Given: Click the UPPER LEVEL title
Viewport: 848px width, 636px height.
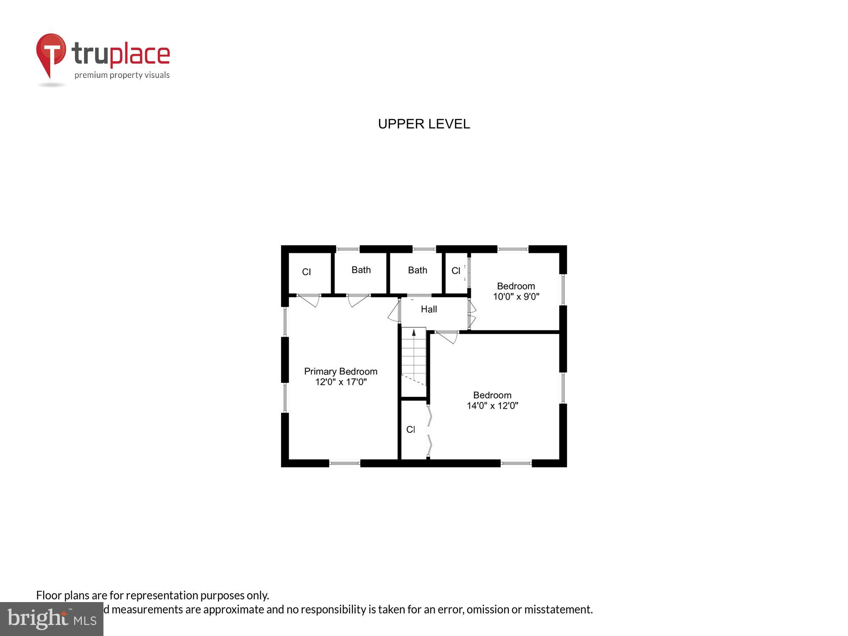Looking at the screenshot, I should point(424,124).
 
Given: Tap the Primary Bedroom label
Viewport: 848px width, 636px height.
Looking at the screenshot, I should point(340,371).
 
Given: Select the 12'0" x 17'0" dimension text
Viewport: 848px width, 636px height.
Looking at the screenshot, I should point(340,382).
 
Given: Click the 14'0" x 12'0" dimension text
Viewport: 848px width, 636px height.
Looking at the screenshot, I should point(492,406).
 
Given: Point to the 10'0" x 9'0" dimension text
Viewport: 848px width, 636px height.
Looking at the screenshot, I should point(516,297).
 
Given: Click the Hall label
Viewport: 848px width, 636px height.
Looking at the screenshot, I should point(429,310).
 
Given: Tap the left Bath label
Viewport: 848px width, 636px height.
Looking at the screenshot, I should point(361,270).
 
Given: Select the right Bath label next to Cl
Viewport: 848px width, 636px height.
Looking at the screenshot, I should point(417,271).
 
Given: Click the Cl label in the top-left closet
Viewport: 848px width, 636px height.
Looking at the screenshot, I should point(306,272).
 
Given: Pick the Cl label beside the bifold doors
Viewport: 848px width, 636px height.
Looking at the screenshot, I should point(410,430).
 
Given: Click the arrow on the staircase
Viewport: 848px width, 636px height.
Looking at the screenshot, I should point(414,333).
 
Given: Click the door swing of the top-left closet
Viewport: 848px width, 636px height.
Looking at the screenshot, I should point(310,300).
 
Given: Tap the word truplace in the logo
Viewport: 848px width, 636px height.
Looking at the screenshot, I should point(121,54).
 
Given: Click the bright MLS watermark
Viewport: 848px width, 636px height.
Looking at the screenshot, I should point(52,619).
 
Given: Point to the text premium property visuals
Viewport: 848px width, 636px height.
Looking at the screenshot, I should point(122,75).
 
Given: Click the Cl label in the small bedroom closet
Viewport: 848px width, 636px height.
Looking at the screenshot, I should point(456,271).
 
